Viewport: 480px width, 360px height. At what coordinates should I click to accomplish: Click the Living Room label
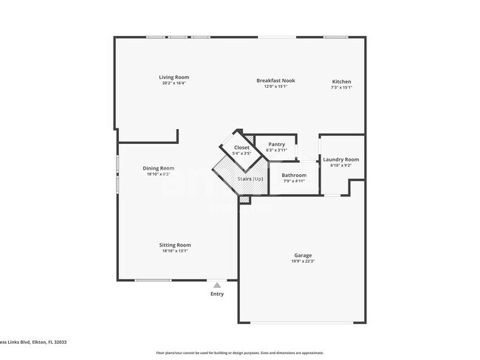point(174,77)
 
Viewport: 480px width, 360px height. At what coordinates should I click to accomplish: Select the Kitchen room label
point(341,81)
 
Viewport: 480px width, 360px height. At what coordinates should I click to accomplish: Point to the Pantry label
point(276,144)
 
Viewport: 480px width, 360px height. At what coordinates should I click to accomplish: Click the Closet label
point(241,148)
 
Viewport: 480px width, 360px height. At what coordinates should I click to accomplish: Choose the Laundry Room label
point(341,159)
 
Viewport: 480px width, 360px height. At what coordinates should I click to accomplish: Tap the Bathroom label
point(294,175)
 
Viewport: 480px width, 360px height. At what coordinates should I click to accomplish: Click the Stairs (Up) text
point(250,179)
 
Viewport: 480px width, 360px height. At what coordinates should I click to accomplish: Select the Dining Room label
point(158,168)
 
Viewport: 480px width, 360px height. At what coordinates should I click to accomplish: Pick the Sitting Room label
point(175,245)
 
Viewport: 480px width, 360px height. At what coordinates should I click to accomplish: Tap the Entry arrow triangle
point(216,284)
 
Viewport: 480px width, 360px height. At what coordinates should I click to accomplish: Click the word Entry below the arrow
point(217,294)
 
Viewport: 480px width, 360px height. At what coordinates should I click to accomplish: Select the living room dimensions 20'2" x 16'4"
point(174,83)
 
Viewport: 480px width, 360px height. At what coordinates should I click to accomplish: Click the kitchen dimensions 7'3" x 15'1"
point(341,87)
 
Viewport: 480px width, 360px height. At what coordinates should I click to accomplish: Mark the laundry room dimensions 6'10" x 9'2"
point(341,165)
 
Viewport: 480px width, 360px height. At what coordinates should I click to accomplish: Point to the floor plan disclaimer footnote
point(240,353)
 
